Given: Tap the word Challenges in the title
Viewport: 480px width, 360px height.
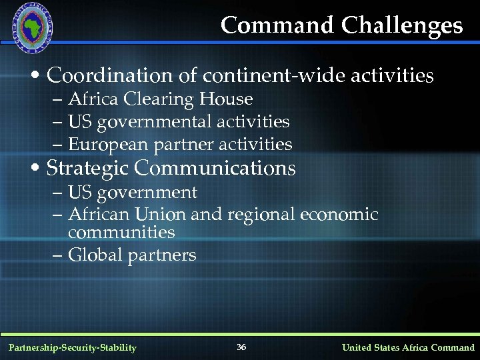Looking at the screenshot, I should coord(402,25).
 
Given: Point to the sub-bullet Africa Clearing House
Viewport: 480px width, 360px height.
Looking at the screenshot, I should coord(160,99).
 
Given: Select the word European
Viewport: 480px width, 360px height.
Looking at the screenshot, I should coord(109,145).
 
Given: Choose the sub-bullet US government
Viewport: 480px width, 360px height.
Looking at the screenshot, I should coord(133,193).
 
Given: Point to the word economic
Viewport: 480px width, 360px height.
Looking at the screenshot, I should coord(339,215).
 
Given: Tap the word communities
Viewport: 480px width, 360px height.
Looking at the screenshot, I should coord(121,233).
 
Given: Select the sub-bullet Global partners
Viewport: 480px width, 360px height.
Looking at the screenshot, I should coord(132,255).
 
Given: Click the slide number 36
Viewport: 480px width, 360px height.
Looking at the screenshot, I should coord(241,347).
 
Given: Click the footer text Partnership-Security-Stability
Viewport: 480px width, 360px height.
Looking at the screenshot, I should coord(73,347).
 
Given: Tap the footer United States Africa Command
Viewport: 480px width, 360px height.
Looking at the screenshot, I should coord(408,347).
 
